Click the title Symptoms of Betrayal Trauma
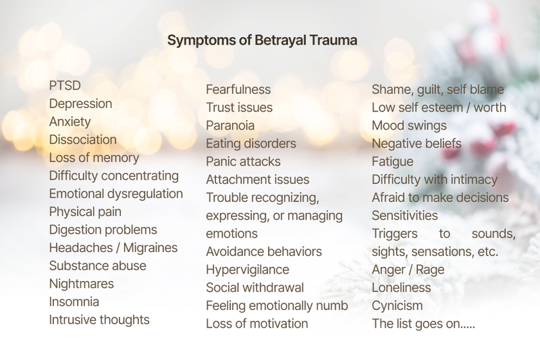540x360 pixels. pyautogui.click(x=262, y=41)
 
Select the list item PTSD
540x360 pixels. pyautogui.click(x=65, y=86)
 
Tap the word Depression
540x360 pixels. pyautogui.click(x=80, y=104)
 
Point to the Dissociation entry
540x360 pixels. pyautogui.click(x=82, y=140)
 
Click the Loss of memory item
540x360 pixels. pyautogui.click(x=94, y=158)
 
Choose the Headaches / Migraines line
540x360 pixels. pyautogui.click(x=113, y=248)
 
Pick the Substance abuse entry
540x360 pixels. pyautogui.click(x=97, y=266)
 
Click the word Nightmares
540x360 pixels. pyautogui.click(x=81, y=284)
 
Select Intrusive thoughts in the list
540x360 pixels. pyautogui.click(x=99, y=320)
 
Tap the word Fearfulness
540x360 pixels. pyautogui.click(x=238, y=90)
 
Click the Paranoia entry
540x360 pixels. pyautogui.click(x=230, y=126)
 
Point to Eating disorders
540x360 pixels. pyautogui.click(x=250, y=144)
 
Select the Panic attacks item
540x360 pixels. pyautogui.click(x=243, y=162)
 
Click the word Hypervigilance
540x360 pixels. pyautogui.click(x=247, y=269)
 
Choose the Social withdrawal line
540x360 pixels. pyautogui.click(x=254, y=288)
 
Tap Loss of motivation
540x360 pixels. pyautogui.click(x=256, y=324)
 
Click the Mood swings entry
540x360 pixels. pyautogui.click(x=409, y=126)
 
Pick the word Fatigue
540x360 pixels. pyautogui.click(x=392, y=162)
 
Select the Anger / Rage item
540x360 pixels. pyautogui.click(x=408, y=269)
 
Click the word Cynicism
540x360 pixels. pyautogui.click(x=397, y=305)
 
